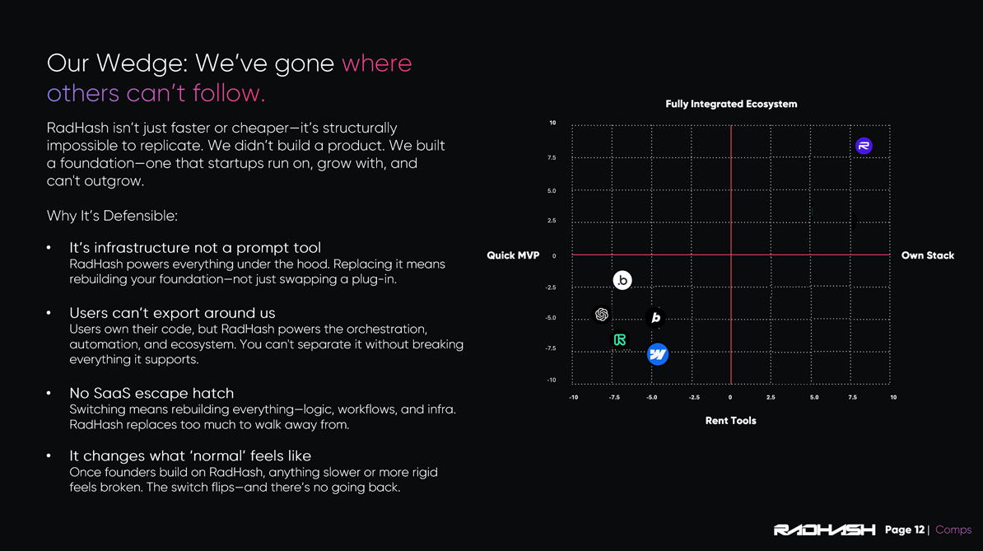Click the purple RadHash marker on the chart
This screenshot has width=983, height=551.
point(864,146)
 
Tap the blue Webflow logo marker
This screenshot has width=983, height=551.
point(658,354)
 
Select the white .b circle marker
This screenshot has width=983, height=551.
point(622,280)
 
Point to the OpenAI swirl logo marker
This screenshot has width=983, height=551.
point(602,314)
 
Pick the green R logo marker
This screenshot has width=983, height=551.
point(620,340)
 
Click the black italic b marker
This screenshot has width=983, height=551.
point(656,318)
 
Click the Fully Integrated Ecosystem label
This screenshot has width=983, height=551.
point(731,104)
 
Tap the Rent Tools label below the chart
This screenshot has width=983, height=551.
point(730,421)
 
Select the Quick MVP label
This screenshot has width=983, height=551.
point(513,255)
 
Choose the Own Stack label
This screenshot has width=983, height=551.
point(927,255)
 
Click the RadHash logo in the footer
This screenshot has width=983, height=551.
point(824,530)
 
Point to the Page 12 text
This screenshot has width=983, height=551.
point(904,530)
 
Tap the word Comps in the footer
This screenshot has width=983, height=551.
point(953,530)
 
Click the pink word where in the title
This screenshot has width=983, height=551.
point(377,63)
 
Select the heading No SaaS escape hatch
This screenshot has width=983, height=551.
point(151,393)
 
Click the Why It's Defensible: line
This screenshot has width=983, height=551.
point(112,216)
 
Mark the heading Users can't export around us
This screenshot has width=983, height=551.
point(172,313)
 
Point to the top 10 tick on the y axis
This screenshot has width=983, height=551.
point(552,123)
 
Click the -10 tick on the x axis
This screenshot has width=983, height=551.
point(574,398)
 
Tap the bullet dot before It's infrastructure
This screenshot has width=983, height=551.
point(49,248)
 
